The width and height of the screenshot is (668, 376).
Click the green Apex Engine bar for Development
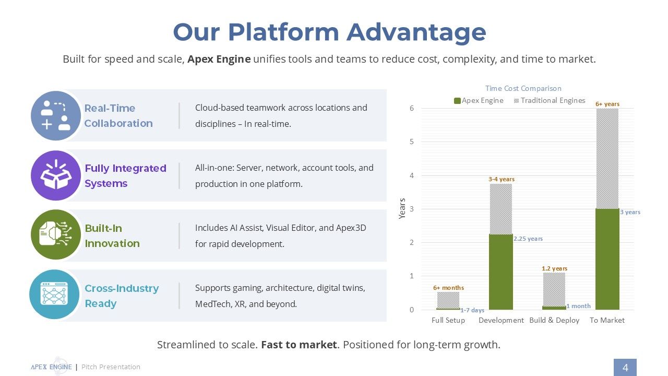tap(500, 272)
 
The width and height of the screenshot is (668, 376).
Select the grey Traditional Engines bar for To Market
tap(607, 158)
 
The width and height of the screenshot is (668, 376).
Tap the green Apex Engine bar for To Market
tap(607, 259)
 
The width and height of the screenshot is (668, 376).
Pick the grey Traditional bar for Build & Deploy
tap(554, 289)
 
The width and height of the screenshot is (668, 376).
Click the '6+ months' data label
tap(448, 288)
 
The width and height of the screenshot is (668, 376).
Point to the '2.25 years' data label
tap(528, 239)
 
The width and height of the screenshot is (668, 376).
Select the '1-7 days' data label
tap(472, 310)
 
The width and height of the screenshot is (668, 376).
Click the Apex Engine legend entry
tap(479, 101)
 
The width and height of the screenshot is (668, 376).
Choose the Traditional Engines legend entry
tap(550, 101)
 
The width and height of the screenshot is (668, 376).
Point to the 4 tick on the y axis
tap(412, 175)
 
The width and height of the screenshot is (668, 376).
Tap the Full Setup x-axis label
tap(448, 320)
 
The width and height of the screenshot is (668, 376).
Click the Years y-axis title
tap(402, 208)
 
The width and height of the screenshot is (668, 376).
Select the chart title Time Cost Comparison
tap(523, 88)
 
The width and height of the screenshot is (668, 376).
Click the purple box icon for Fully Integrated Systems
tap(56, 175)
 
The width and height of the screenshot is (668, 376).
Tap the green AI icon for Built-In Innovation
tap(56, 234)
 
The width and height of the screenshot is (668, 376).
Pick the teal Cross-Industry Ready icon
tap(54, 295)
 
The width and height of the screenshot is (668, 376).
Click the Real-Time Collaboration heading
tap(118, 116)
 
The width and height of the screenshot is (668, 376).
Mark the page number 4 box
tap(625, 367)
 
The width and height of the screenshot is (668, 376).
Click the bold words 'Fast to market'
tap(299, 345)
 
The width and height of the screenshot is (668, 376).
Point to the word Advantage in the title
tap(416, 33)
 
